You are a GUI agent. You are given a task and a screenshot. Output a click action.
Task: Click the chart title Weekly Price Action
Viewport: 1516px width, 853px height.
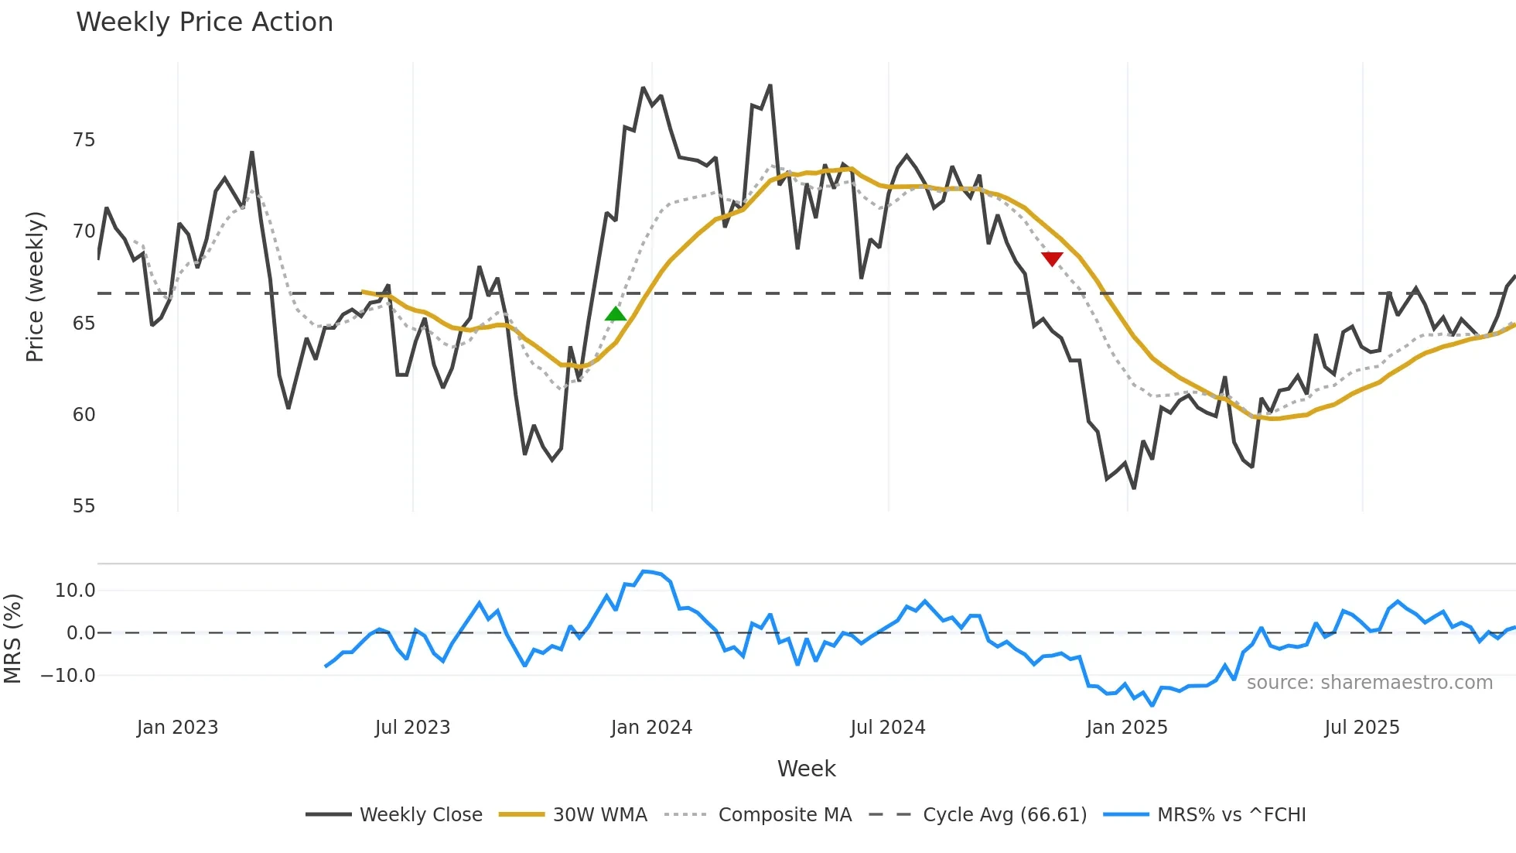pyautogui.click(x=204, y=22)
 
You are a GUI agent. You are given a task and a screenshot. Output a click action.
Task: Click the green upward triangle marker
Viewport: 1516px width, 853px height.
pyautogui.click(x=615, y=313)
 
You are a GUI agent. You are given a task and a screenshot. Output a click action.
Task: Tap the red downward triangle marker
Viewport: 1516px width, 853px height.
pyautogui.click(x=1052, y=259)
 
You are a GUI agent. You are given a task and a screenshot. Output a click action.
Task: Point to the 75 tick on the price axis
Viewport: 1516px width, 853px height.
pyautogui.click(x=84, y=140)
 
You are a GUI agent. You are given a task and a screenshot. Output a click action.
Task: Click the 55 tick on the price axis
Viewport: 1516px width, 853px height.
pyautogui.click(x=84, y=506)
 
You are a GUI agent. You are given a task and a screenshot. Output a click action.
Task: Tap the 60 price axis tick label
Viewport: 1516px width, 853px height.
pyautogui.click(x=84, y=415)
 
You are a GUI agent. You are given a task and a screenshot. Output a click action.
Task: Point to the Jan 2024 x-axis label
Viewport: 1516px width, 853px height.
pyautogui.click(x=651, y=728)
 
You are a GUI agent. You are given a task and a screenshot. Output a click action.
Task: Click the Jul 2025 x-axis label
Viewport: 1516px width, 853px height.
pyautogui.click(x=1362, y=728)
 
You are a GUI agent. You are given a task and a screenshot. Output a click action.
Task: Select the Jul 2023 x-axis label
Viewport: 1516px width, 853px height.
pyautogui.click(x=412, y=728)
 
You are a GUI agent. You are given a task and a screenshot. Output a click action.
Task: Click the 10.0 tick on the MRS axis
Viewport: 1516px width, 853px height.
pyautogui.click(x=75, y=591)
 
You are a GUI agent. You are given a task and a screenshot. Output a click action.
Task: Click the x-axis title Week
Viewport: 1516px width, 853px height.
pyautogui.click(x=806, y=769)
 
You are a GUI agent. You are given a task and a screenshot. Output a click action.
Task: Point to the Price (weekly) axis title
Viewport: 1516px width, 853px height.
pyautogui.click(x=36, y=286)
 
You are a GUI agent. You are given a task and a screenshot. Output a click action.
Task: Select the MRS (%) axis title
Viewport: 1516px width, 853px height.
pyautogui.click(x=12, y=639)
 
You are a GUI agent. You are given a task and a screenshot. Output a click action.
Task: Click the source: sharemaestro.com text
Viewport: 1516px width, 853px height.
pyautogui.click(x=1369, y=683)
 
